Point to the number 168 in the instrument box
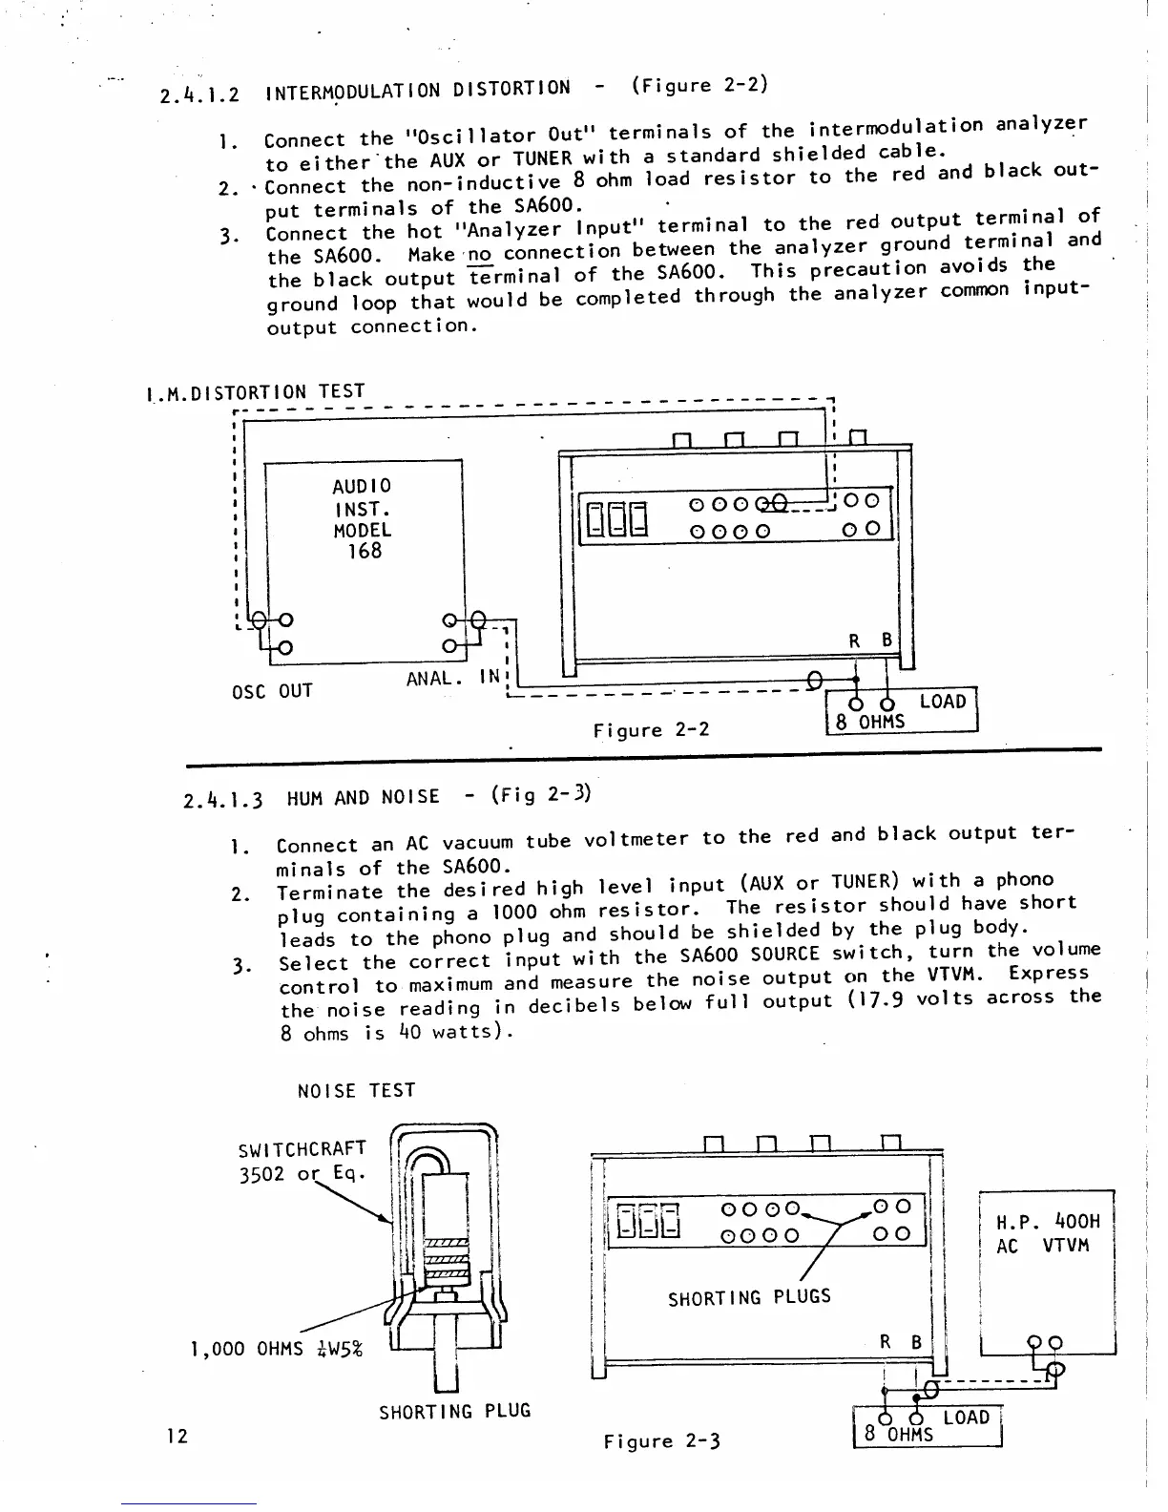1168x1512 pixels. pos(364,551)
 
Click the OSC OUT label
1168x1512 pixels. pos(272,689)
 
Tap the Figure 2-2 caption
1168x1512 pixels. pos(651,731)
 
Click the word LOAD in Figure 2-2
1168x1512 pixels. pos(942,702)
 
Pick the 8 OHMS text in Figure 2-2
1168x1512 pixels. pos(870,722)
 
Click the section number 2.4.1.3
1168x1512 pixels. pos(223,798)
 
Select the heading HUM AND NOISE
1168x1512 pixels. pos(363,796)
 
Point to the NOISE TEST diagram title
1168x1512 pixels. pos(356,1090)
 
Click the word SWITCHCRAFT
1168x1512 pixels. pos(302,1148)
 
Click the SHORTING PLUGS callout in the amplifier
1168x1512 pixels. pos(749,1297)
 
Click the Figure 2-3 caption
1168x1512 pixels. pos(661,1441)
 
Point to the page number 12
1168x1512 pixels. pos(175,1436)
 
